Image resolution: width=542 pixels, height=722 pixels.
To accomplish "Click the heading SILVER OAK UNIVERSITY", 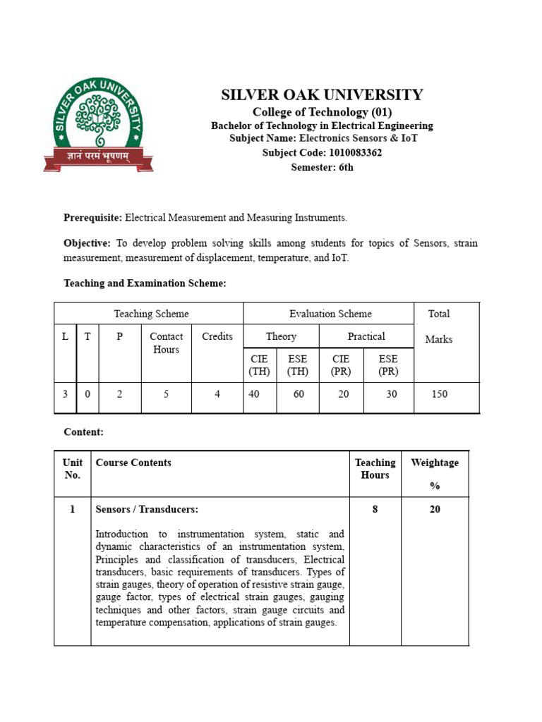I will pyautogui.click(x=323, y=95).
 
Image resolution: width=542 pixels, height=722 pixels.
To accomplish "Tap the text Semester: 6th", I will pyautogui.click(x=322, y=167).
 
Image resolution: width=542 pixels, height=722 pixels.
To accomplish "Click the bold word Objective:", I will pyautogui.click(x=87, y=243).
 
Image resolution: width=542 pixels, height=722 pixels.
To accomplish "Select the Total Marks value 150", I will pyautogui.click(x=440, y=394).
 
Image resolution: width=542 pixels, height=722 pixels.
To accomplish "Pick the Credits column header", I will pyautogui.click(x=217, y=336).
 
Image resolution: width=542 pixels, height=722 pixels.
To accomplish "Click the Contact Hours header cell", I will pyautogui.click(x=166, y=343).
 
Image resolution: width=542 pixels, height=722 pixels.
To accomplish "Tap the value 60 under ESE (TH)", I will pyautogui.click(x=299, y=394).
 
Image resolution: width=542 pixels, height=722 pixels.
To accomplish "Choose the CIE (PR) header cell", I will pyautogui.click(x=342, y=365).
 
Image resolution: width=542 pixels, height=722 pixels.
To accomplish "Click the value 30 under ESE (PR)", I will pyautogui.click(x=391, y=394).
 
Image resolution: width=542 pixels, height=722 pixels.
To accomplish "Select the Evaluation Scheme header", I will pyautogui.click(x=330, y=314).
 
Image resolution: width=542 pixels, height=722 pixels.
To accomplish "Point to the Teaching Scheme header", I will pyautogui.click(x=151, y=314).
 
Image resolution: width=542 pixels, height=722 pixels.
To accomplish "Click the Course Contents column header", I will pyautogui.click(x=133, y=463).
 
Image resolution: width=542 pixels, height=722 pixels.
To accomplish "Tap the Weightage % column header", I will pyautogui.click(x=435, y=473).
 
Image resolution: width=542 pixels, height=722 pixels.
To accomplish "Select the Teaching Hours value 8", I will pyautogui.click(x=375, y=509).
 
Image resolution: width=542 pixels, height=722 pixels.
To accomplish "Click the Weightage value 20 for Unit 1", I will pyautogui.click(x=435, y=509).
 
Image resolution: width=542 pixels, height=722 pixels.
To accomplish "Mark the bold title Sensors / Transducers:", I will pyautogui.click(x=147, y=509).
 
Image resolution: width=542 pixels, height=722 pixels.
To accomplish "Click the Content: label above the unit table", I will pyautogui.click(x=83, y=432).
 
